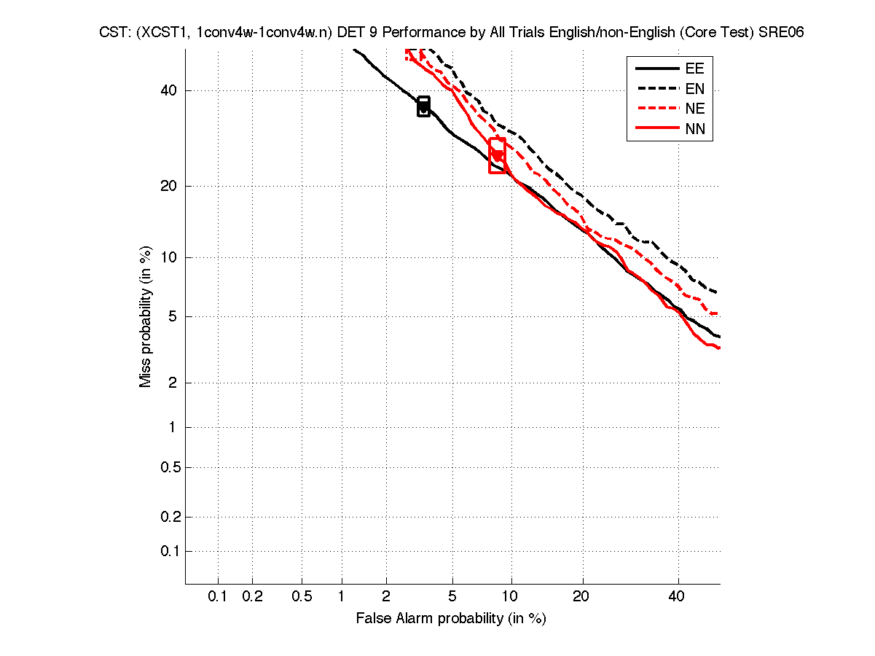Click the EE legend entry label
(694, 69)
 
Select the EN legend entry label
(694, 90)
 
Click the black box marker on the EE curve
(423, 106)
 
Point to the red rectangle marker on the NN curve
(497, 155)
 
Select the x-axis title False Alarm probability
(451, 619)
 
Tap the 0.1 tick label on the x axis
(218, 597)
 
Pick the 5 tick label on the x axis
(452, 597)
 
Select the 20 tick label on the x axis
(581, 597)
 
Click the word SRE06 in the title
(781, 34)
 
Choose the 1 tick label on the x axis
(341, 597)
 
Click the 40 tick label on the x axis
(678, 597)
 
